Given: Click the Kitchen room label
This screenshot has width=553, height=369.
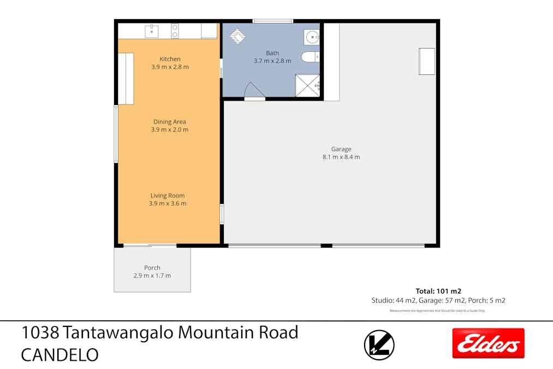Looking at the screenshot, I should tap(170, 59).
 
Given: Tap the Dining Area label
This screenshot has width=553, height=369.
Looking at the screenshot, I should tap(170, 122).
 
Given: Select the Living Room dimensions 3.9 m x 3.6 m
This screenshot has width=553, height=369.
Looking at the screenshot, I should tap(168, 203).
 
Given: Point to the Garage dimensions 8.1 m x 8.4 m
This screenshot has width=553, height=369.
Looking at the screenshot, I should tap(341, 157).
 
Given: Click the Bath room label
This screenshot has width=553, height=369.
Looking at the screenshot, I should tap(272, 53).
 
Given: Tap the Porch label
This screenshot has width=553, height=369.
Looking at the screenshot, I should tap(152, 268).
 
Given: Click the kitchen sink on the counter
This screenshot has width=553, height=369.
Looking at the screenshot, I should tap(152, 31).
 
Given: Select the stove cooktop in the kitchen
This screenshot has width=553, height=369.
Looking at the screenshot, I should tap(175, 31).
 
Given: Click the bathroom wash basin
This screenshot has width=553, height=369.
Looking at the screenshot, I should tap(312, 37).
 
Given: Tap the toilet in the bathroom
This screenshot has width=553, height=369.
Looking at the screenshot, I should tap(310, 56).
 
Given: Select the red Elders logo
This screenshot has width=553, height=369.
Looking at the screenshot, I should tap(488, 343).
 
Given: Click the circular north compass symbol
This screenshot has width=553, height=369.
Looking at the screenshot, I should tap(379, 345).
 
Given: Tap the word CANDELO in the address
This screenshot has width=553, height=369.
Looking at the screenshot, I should tap(60, 355).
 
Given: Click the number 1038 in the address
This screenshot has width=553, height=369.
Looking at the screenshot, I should tap(40, 332).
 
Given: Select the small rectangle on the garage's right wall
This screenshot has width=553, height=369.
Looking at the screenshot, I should tap(426, 61).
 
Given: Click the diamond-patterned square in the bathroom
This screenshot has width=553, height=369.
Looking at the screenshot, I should tap(237, 36).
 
